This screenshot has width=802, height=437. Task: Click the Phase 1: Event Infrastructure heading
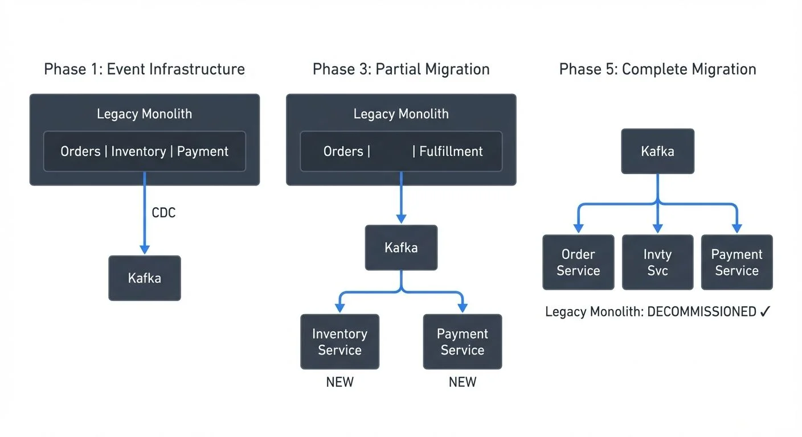coord(144,69)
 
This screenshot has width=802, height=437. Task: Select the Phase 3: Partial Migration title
coord(401,69)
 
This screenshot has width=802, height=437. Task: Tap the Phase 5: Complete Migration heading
coord(657,69)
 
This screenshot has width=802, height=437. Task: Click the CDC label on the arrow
coord(163,213)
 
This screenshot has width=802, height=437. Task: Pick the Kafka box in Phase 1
coord(145,278)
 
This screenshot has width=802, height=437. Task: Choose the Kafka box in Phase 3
coord(401,248)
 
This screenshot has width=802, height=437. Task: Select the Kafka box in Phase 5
coord(657,151)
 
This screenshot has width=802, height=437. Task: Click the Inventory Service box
coord(339,342)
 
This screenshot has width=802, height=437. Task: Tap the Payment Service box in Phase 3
coord(463,342)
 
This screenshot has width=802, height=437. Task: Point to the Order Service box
coord(578,262)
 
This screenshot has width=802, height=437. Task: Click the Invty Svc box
coord(657,262)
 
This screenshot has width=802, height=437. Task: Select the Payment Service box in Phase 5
coord(736,262)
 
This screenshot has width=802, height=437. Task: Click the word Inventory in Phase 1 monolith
coord(138,151)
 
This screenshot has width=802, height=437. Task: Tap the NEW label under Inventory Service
coord(339,382)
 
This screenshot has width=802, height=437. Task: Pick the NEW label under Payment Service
coord(463,382)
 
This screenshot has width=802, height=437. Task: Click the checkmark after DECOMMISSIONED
coord(765,311)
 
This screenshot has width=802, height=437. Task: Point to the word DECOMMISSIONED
coord(702,312)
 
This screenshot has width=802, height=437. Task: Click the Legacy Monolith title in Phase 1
coord(144,114)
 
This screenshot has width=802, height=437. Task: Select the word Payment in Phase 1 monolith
coord(202,151)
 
